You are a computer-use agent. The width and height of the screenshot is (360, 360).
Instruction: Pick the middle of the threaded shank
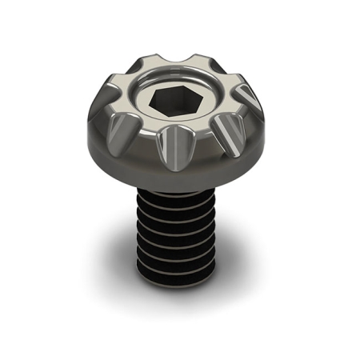(178, 236)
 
